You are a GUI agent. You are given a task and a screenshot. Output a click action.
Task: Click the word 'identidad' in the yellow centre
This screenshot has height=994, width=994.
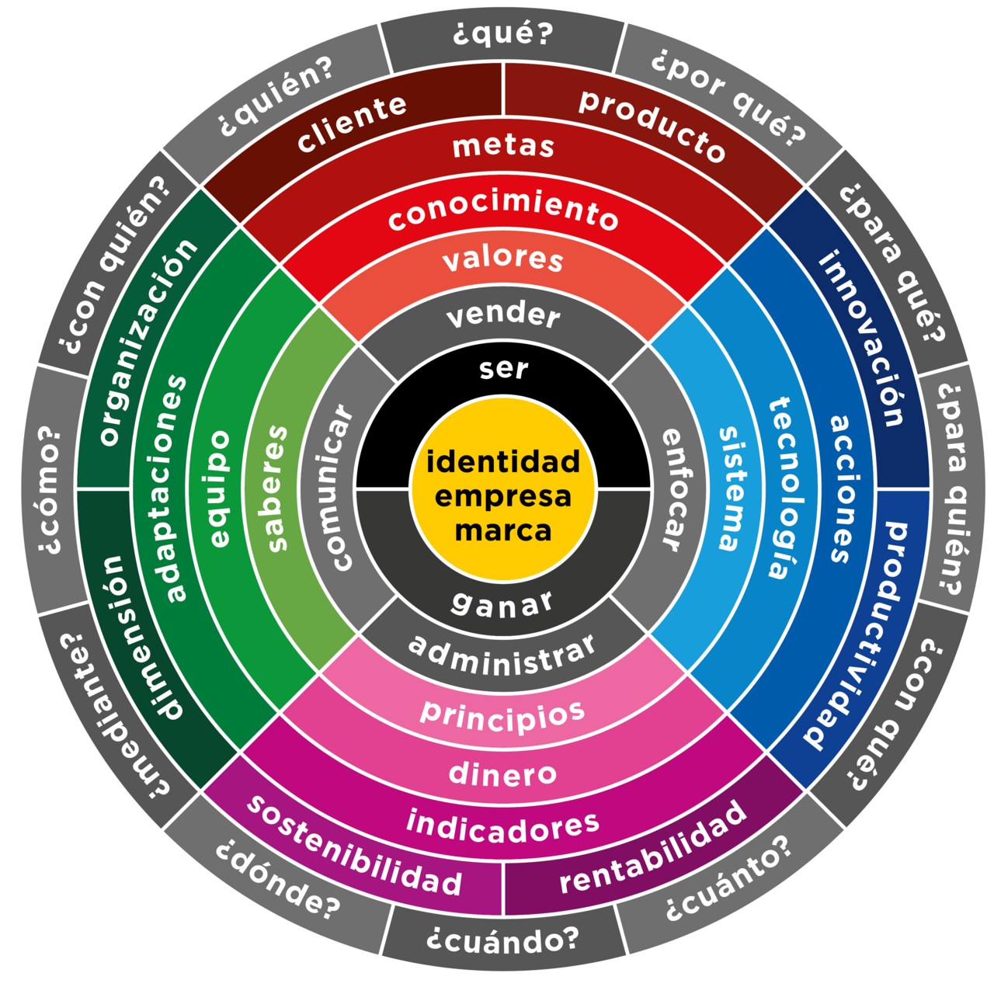pyautogui.click(x=503, y=461)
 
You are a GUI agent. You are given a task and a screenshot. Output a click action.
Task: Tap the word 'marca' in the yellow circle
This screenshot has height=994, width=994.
pyautogui.click(x=503, y=530)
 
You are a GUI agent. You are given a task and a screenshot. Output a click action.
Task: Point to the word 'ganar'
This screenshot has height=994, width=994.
pyautogui.click(x=502, y=603)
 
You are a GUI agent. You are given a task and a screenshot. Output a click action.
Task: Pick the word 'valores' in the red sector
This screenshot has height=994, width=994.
pyautogui.click(x=503, y=259)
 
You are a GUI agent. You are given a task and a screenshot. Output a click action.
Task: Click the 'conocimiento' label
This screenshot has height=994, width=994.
pyautogui.click(x=503, y=214)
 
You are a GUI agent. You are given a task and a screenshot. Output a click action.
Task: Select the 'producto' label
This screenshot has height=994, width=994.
pyautogui.click(x=652, y=125)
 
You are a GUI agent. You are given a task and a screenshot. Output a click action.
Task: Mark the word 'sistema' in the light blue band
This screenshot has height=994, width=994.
pyautogui.click(x=735, y=488)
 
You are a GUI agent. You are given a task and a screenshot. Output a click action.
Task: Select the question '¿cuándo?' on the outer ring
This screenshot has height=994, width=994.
pyautogui.click(x=503, y=940)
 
